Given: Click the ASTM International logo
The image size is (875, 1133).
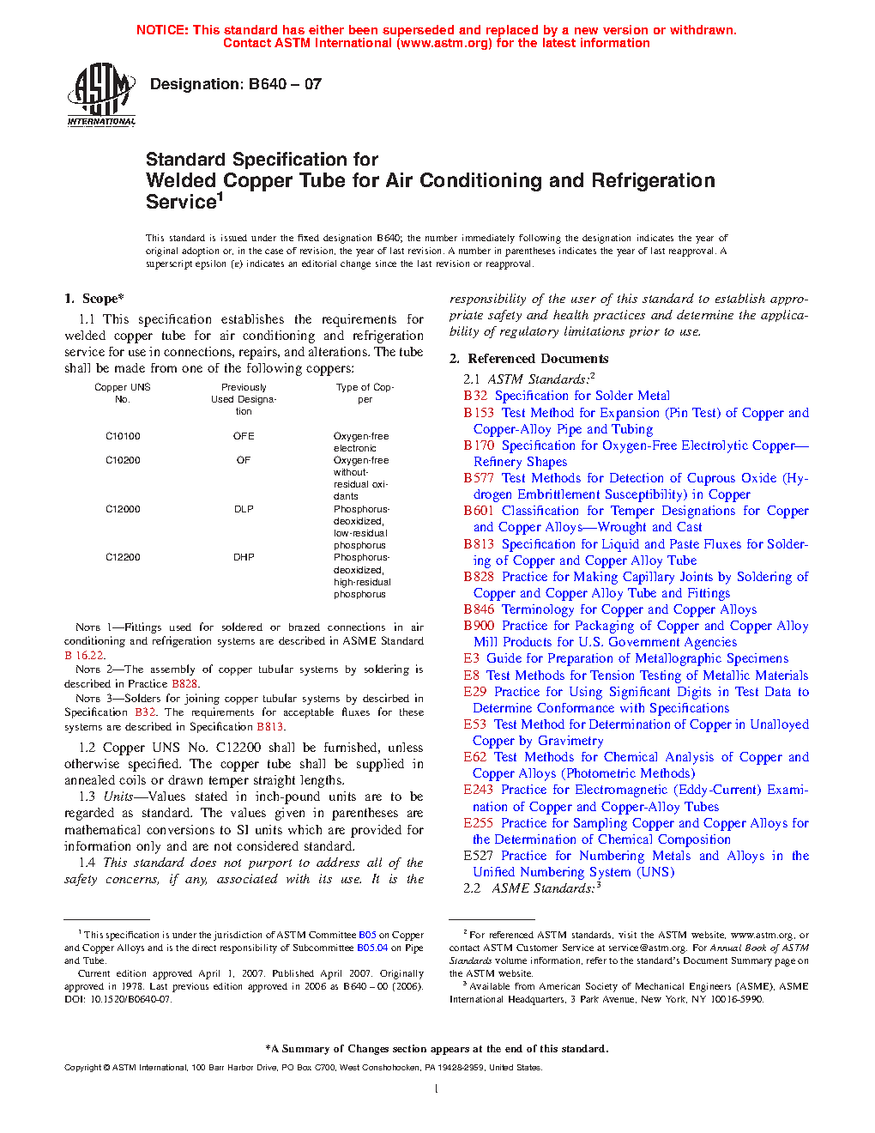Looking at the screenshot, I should click(x=101, y=94).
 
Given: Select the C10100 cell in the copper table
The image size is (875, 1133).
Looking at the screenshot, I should click(x=123, y=436).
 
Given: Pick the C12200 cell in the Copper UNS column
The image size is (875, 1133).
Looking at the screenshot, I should click(x=123, y=557).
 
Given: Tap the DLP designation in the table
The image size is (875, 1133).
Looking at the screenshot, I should click(x=244, y=509).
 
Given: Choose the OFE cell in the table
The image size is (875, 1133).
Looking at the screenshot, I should click(x=244, y=436).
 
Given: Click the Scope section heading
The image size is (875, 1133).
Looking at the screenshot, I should click(x=94, y=299).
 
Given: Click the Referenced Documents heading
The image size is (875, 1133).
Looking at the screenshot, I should click(x=529, y=359).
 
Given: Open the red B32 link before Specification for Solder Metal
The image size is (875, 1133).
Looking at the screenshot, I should click(x=475, y=396).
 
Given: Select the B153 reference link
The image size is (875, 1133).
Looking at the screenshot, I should click(x=479, y=413).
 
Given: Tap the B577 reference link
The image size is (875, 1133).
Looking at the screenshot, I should click(x=479, y=478).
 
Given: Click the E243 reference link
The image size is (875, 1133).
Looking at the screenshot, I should click(x=478, y=790).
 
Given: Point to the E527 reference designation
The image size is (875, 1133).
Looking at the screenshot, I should click(x=478, y=856).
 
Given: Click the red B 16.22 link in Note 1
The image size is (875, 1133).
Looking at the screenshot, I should click(x=84, y=655).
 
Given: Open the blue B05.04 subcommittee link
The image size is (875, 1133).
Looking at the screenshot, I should click(x=372, y=948).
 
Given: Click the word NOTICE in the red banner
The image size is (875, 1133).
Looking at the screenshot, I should click(x=162, y=30).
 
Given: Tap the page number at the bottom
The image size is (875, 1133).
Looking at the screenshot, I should click(x=437, y=1089).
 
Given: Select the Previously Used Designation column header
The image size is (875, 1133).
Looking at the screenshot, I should click(x=244, y=399).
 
